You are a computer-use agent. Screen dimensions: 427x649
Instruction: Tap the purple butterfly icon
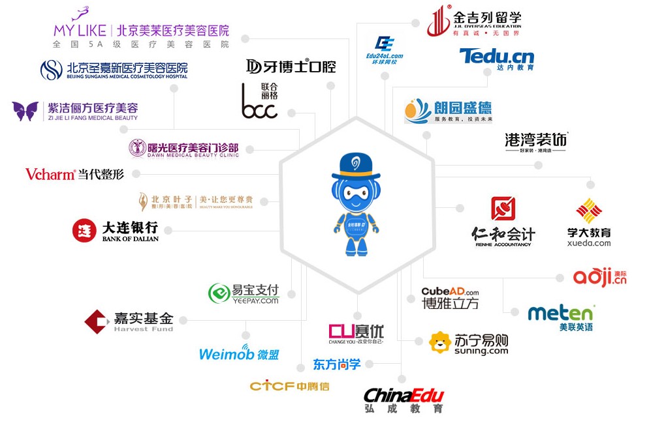25,111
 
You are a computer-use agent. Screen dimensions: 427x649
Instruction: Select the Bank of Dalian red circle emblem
84,230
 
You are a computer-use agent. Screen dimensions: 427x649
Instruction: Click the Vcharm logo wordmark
50,174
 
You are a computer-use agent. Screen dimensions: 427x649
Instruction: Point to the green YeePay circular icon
219,294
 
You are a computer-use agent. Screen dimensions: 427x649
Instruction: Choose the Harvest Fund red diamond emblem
96,321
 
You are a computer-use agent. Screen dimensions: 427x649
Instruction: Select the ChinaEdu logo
404,395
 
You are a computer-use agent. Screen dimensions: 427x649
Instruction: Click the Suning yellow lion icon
440,342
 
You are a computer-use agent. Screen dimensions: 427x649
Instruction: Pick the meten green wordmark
561,314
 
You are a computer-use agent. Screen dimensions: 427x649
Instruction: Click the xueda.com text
589,243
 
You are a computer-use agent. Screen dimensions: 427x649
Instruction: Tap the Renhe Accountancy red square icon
503,209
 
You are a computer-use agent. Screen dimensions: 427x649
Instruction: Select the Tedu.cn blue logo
497,56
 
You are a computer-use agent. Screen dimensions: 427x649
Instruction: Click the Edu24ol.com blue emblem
385,44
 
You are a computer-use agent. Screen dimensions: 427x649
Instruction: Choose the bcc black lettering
259,108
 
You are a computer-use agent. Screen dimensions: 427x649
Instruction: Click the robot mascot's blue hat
356,167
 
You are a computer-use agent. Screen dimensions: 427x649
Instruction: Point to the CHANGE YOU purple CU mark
342,331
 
